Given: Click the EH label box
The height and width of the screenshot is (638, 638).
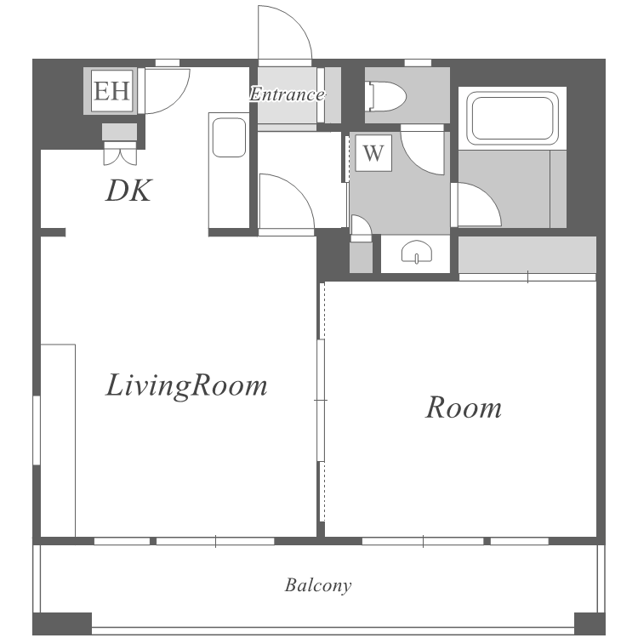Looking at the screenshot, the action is [x=112, y=91].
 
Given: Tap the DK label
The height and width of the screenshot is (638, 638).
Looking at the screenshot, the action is [x=128, y=191].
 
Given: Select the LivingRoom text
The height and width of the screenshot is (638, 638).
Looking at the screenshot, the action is [x=186, y=385].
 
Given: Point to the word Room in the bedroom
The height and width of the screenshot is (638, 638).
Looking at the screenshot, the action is [x=464, y=407].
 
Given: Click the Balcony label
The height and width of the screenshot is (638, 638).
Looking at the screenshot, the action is [x=318, y=585].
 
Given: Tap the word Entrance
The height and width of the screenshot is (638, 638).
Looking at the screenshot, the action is [x=288, y=94].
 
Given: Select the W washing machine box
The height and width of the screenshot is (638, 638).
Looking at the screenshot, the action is [x=373, y=153].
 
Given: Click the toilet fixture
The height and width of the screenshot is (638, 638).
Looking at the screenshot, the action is [x=386, y=97].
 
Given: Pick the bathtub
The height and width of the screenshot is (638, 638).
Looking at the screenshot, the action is [x=512, y=118].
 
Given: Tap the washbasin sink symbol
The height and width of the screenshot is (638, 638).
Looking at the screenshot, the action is [x=417, y=253].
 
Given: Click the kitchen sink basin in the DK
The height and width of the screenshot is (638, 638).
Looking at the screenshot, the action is [x=229, y=138].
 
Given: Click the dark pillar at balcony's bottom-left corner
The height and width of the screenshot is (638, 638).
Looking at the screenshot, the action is [x=62, y=623].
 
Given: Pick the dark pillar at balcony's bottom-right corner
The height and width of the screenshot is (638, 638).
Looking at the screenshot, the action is [x=590, y=623].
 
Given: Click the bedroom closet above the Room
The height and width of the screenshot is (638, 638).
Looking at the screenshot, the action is [x=527, y=255].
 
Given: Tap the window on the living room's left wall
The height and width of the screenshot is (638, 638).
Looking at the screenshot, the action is [x=37, y=430].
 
